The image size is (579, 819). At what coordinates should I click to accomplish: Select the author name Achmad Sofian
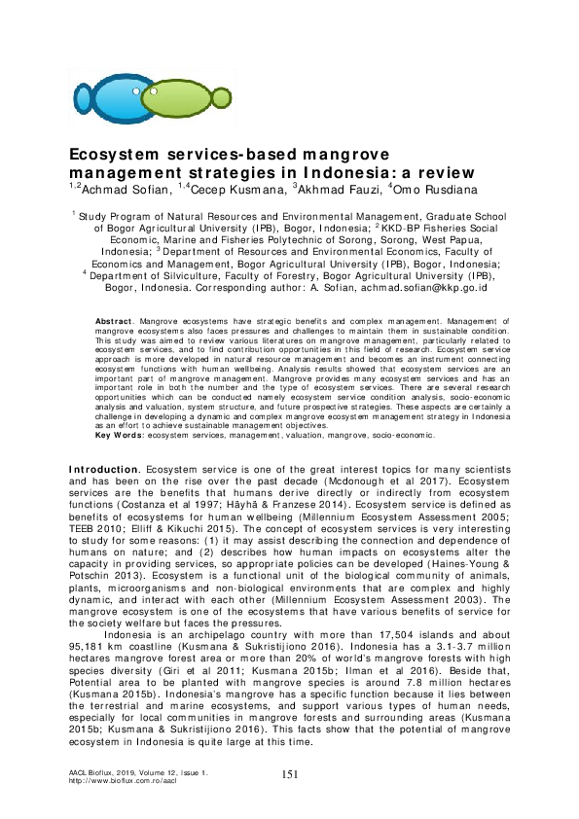click(x=120, y=189)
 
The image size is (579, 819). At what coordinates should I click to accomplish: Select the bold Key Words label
click(x=119, y=436)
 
